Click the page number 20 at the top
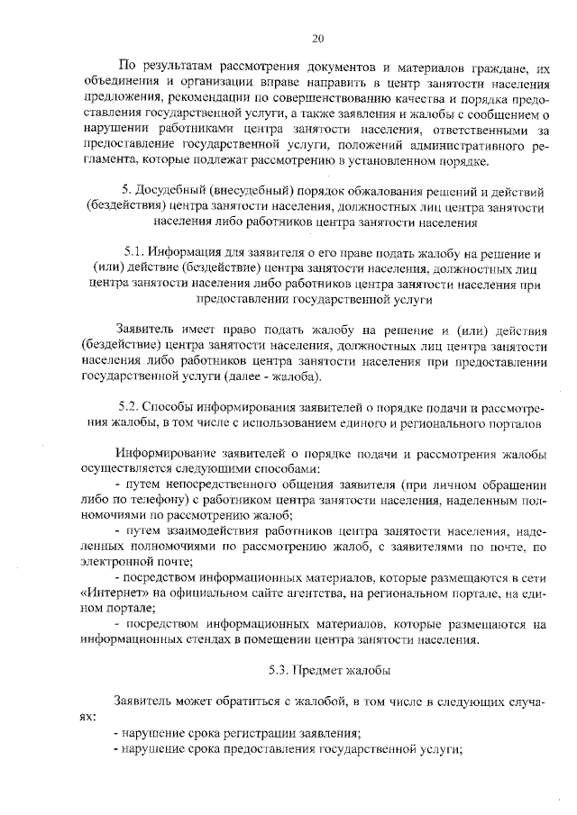[x=317, y=38]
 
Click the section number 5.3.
[x=279, y=670]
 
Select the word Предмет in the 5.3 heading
[x=322, y=670]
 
